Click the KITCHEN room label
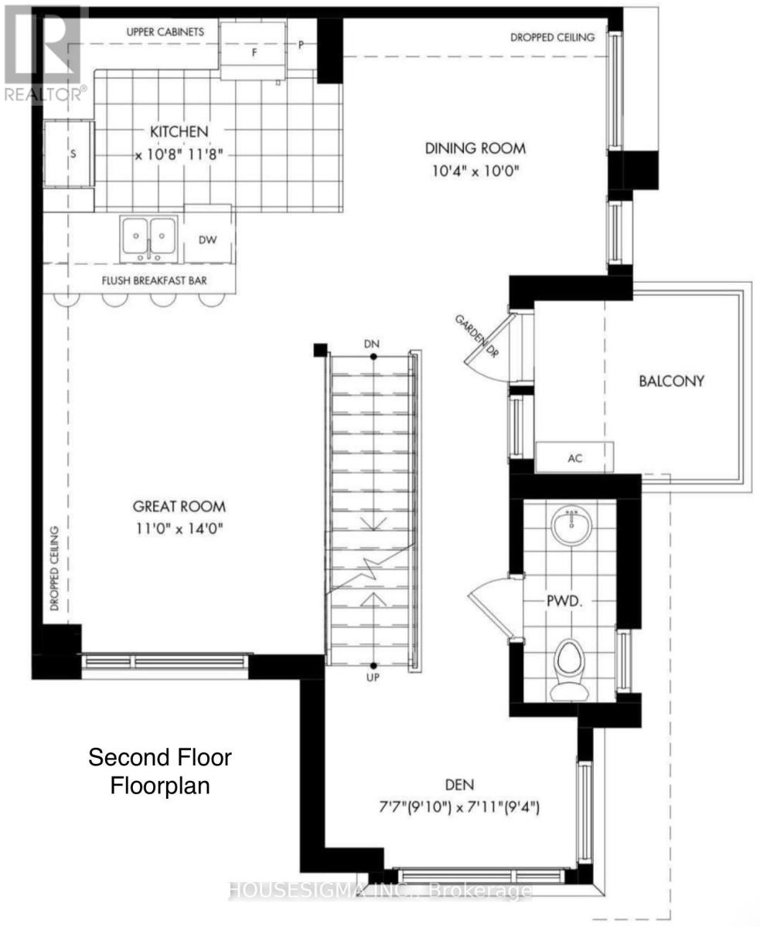click(179, 131)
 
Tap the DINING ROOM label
click(475, 148)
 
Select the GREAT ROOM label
click(179, 506)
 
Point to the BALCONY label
click(671, 381)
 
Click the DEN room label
click(459, 785)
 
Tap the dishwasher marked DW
click(208, 239)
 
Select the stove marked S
click(69, 154)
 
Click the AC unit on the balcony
click(574, 457)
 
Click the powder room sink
click(571, 525)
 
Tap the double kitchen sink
click(148, 239)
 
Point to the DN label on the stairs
click(372, 344)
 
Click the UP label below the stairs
click(373, 677)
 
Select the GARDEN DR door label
click(477, 336)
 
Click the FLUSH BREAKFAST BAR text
click(155, 280)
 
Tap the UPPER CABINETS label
click(165, 32)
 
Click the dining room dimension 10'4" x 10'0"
click(475, 170)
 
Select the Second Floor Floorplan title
click(159, 772)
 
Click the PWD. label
click(564, 601)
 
